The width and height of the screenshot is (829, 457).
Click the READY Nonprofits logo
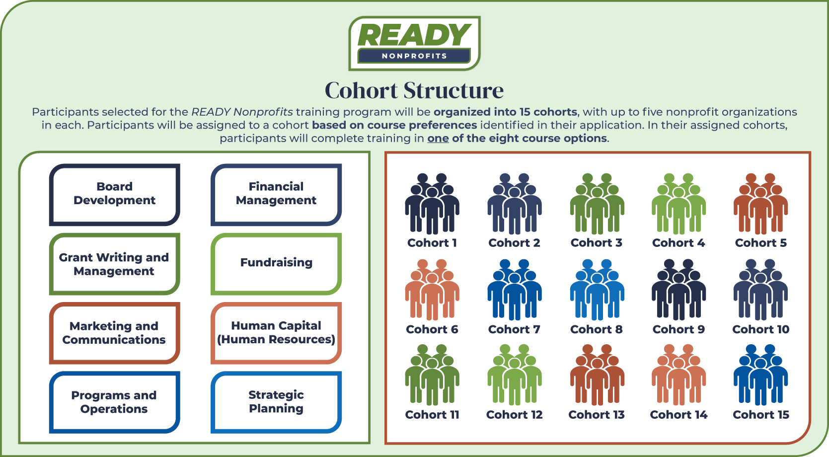point(414,43)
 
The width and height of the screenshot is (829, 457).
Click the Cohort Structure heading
point(414,90)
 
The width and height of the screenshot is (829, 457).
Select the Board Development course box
point(114,195)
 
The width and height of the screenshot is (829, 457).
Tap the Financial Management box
point(276,195)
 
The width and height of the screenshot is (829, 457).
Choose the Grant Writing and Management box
point(114,264)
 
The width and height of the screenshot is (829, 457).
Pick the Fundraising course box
point(276,264)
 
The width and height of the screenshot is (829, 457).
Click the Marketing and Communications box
point(114,333)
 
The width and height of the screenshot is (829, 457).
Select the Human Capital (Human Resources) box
point(276,333)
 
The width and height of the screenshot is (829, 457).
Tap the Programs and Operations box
point(114,402)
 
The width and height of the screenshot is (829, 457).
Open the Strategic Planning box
point(276,402)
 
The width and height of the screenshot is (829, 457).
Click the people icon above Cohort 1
point(432,204)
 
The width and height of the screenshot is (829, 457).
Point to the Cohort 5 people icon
point(760,204)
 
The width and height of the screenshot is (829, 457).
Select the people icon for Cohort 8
point(597,290)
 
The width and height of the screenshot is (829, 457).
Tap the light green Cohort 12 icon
point(515,375)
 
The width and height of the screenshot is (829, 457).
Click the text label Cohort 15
point(761,415)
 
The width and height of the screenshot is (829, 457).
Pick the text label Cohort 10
point(761,329)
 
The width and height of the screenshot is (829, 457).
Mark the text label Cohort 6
point(432,329)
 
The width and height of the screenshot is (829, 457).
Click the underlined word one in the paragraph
point(438,139)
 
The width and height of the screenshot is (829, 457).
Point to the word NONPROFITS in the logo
point(414,56)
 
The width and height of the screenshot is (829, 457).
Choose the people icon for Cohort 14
point(678,375)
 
